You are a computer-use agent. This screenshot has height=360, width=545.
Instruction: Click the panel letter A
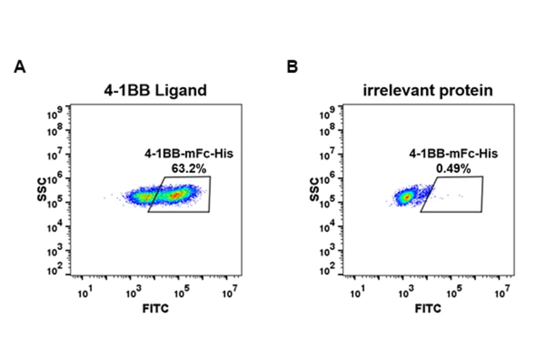(x=19, y=67)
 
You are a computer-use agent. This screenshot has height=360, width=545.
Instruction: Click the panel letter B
(x=292, y=67)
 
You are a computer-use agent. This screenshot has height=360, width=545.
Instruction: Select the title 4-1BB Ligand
(x=154, y=91)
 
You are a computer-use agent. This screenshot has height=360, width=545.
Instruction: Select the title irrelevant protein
(x=428, y=91)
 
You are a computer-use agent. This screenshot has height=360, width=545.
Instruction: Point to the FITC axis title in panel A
(x=156, y=309)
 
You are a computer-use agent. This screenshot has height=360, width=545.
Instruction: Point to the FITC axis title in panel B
(x=428, y=309)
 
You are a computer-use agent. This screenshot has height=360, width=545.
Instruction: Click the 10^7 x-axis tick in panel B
(x=500, y=294)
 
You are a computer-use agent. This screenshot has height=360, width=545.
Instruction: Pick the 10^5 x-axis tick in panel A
(x=180, y=294)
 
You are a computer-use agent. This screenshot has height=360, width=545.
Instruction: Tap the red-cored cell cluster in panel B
(x=407, y=196)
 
